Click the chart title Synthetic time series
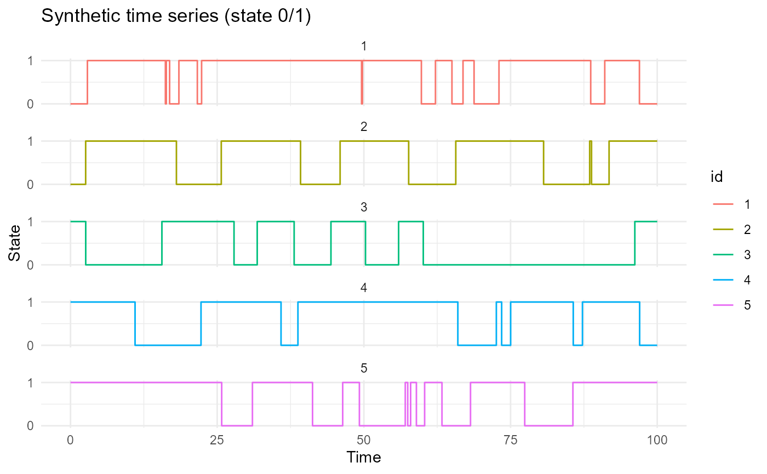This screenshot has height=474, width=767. pyautogui.click(x=176, y=17)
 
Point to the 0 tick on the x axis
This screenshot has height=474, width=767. pyautogui.click(x=70, y=439)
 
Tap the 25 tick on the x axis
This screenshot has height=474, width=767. pyautogui.click(x=217, y=439)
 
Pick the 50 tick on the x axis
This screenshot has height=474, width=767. pyautogui.click(x=364, y=439)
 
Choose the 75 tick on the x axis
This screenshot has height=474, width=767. pyautogui.click(x=510, y=439)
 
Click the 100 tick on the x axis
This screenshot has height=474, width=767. pyautogui.click(x=657, y=439)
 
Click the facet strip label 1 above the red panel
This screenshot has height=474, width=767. pyautogui.click(x=364, y=47)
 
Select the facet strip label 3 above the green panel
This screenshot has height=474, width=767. pyautogui.click(x=364, y=208)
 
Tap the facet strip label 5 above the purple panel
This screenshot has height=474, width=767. pyautogui.click(x=364, y=369)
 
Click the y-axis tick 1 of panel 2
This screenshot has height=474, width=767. pyautogui.click(x=30, y=141)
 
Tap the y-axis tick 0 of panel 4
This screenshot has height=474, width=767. pyautogui.click(x=30, y=345)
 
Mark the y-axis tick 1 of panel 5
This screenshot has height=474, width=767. pyautogui.click(x=30, y=382)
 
